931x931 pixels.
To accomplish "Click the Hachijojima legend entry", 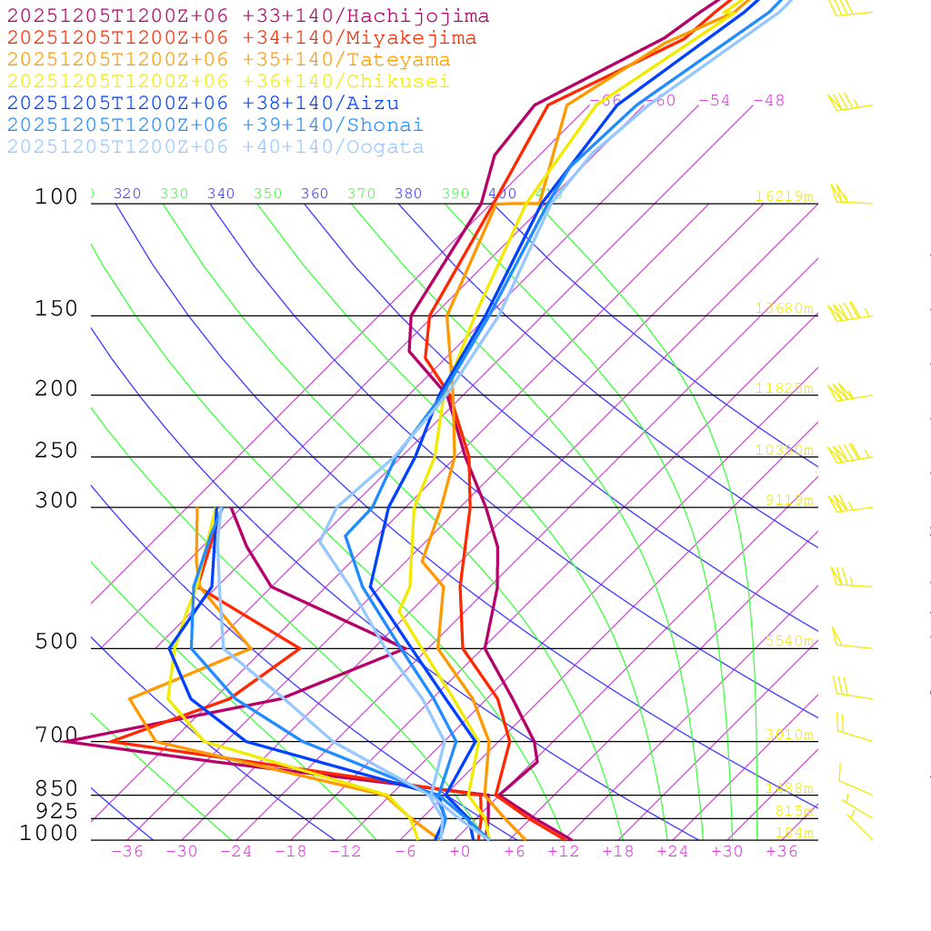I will [x=247, y=16].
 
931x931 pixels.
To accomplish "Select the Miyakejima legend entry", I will [x=241, y=38].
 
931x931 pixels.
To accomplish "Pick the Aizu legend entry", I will [x=203, y=104].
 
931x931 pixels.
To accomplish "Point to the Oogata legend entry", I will [x=215, y=147].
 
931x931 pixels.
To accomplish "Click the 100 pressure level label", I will [x=56, y=197].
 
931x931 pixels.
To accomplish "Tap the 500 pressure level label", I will [x=56, y=642].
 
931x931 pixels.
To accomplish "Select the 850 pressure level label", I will [x=56, y=789].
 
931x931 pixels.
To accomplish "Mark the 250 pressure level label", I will [x=56, y=451].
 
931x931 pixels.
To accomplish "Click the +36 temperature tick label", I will [x=782, y=852].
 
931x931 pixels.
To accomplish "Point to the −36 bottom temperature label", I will [x=127, y=852].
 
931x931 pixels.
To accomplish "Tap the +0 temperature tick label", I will [x=460, y=852].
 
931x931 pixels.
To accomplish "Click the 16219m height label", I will [x=785, y=196].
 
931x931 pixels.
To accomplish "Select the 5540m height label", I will [x=788, y=641].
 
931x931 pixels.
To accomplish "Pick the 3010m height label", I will [x=788, y=735].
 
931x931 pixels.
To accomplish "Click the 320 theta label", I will [x=127, y=194].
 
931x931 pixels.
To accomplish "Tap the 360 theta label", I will [x=315, y=194].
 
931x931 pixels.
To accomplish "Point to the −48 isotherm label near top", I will [x=768, y=101].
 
